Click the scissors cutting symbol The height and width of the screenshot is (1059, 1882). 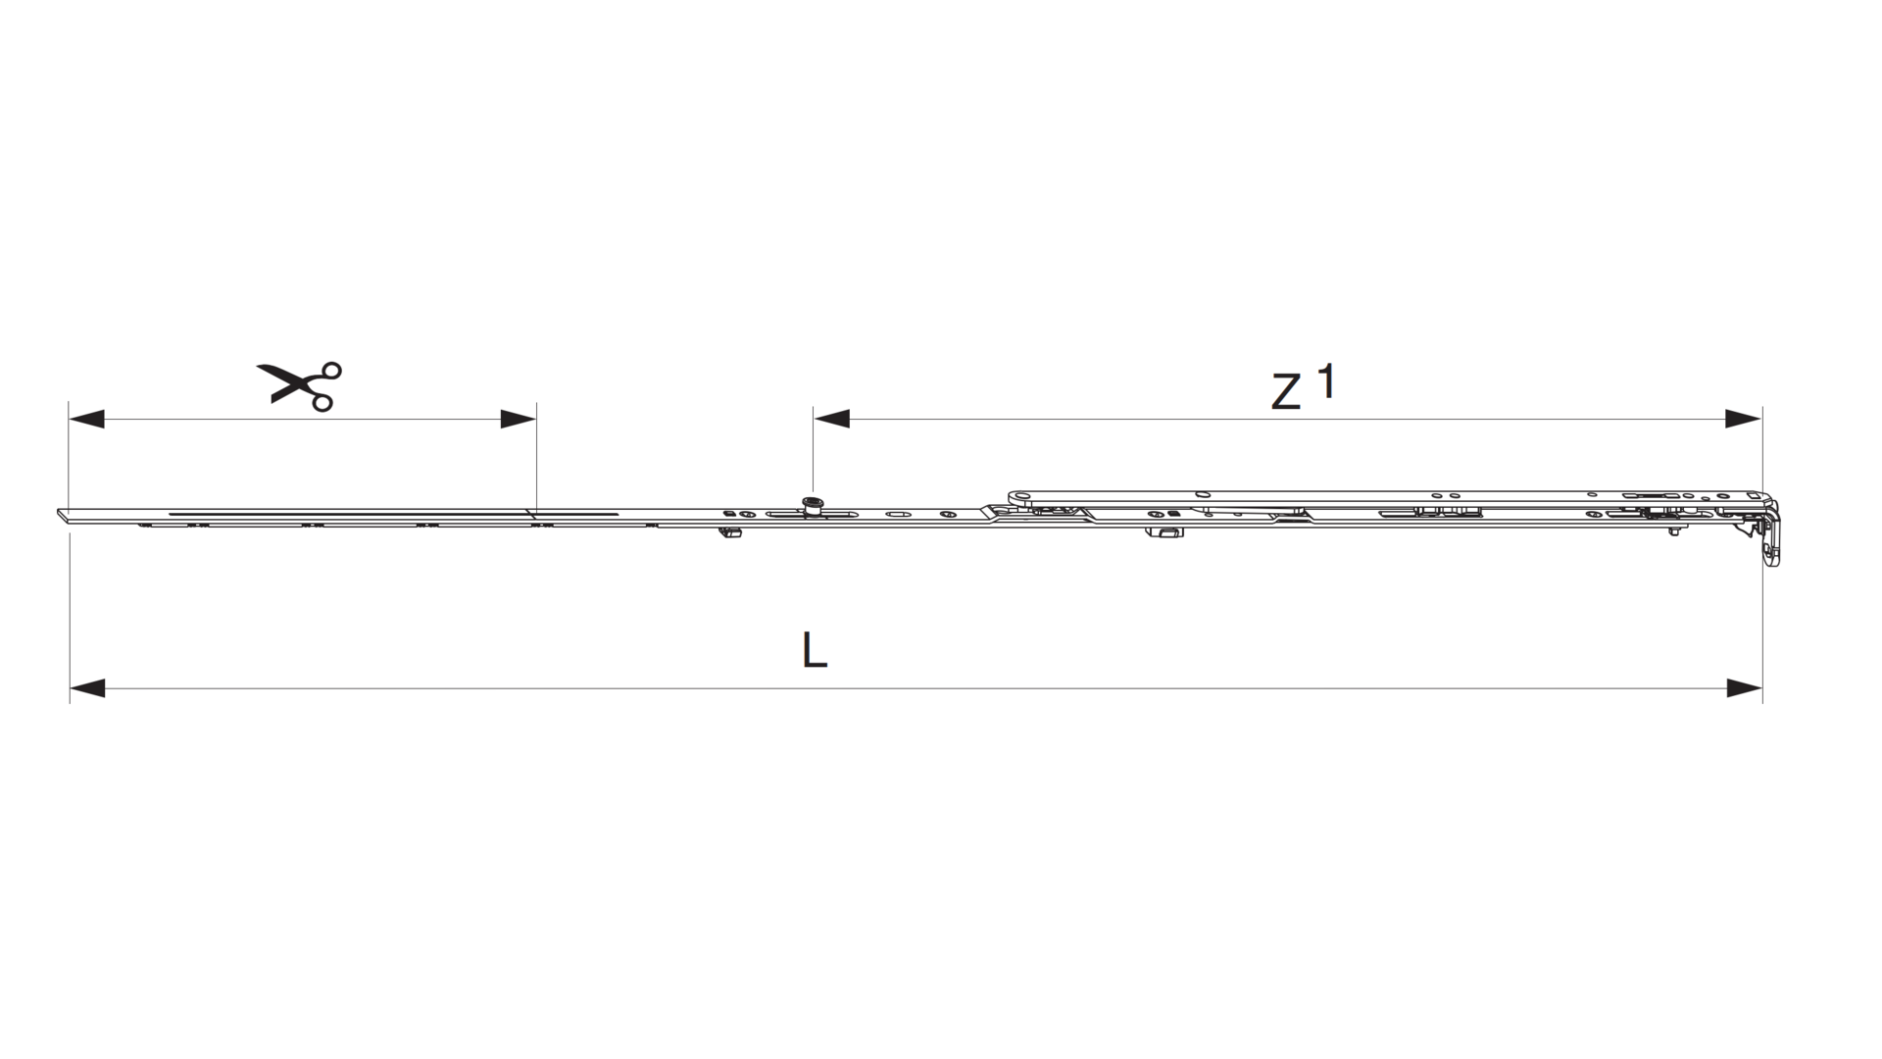point(299,385)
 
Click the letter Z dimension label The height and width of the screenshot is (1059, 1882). point(1286,393)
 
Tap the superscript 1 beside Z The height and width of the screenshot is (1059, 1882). point(1325,380)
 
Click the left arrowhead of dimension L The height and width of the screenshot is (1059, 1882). point(87,688)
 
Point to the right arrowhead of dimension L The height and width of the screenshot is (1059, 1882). point(1745,688)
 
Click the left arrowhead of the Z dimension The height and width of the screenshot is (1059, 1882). point(831,419)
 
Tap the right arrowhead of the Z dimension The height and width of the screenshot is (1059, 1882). point(1745,419)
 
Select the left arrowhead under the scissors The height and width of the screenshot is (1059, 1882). point(86,419)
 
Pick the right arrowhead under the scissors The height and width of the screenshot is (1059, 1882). point(519,419)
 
